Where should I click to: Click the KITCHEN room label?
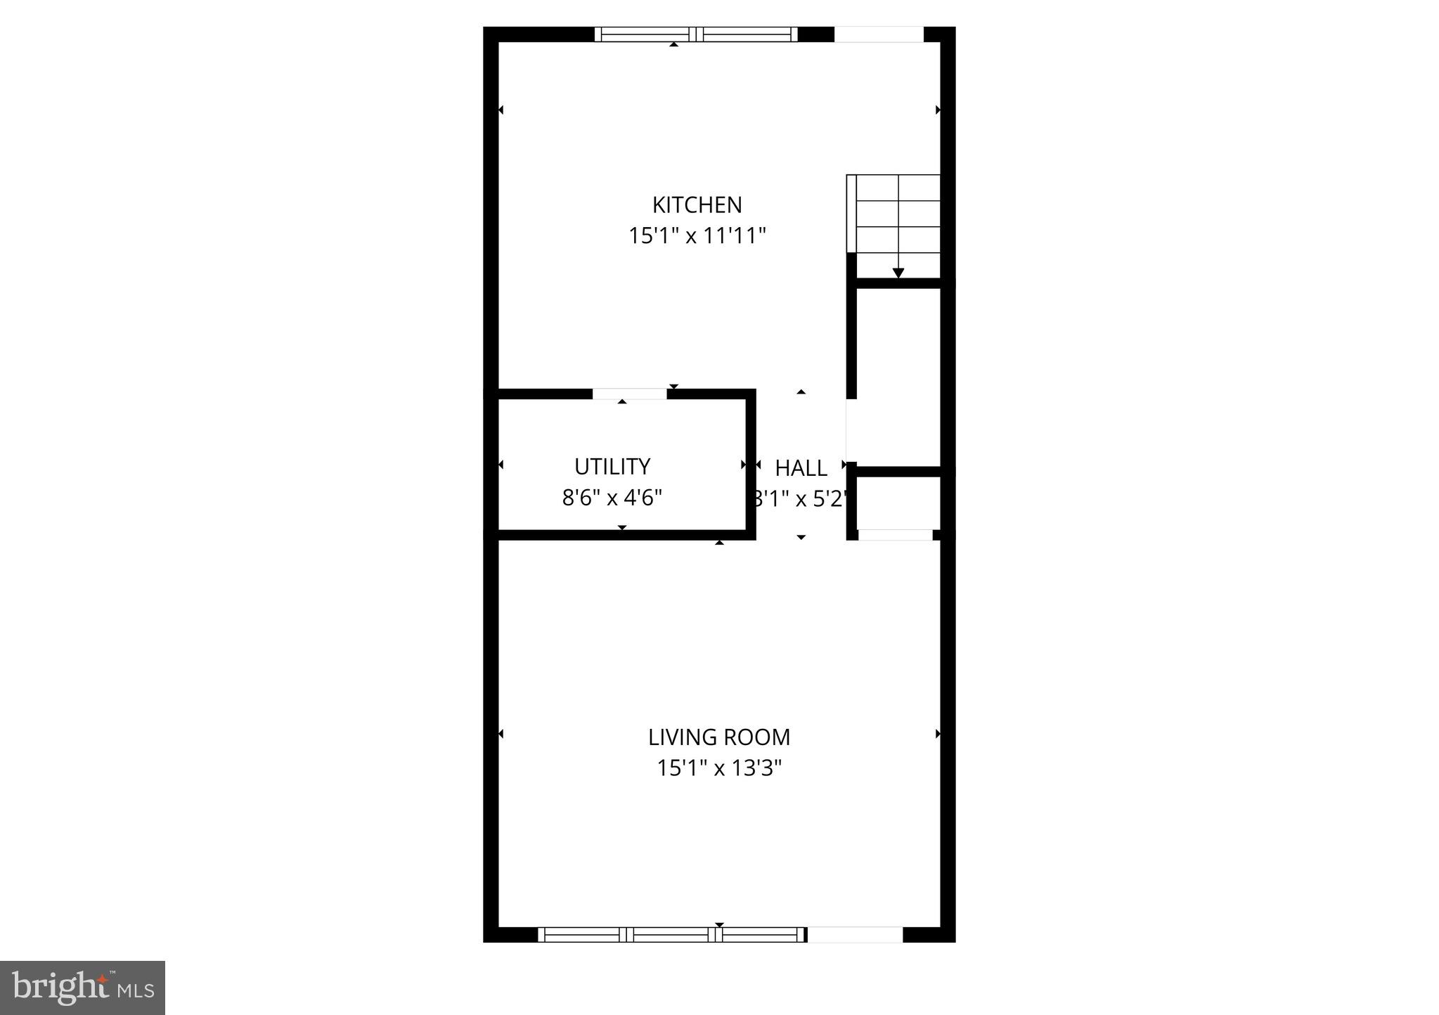click(697, 205)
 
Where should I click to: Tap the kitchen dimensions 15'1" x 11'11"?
click(697, 235)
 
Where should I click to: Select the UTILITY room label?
click(612, 467)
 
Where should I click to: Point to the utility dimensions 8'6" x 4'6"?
click(612, 498)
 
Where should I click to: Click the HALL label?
click(801, 468)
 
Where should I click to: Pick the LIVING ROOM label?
click(718, 737)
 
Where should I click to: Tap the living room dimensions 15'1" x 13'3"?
click(718, 768)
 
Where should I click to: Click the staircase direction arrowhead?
click(898, 273)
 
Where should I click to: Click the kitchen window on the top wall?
click(696, 34)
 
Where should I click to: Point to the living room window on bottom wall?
click(672, 934)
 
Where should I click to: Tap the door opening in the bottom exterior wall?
click(855, 934)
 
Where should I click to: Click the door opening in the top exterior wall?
click(878, 34)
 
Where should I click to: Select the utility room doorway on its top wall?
click(630, 394)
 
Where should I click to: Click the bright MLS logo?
click(82, 988)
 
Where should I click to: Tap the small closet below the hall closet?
click(898, 503)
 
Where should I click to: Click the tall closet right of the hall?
click(898, 376)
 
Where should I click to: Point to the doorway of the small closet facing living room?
click(895, 535)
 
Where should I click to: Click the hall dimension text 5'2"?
click(828, 499)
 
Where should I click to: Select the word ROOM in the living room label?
click(760, 737)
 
